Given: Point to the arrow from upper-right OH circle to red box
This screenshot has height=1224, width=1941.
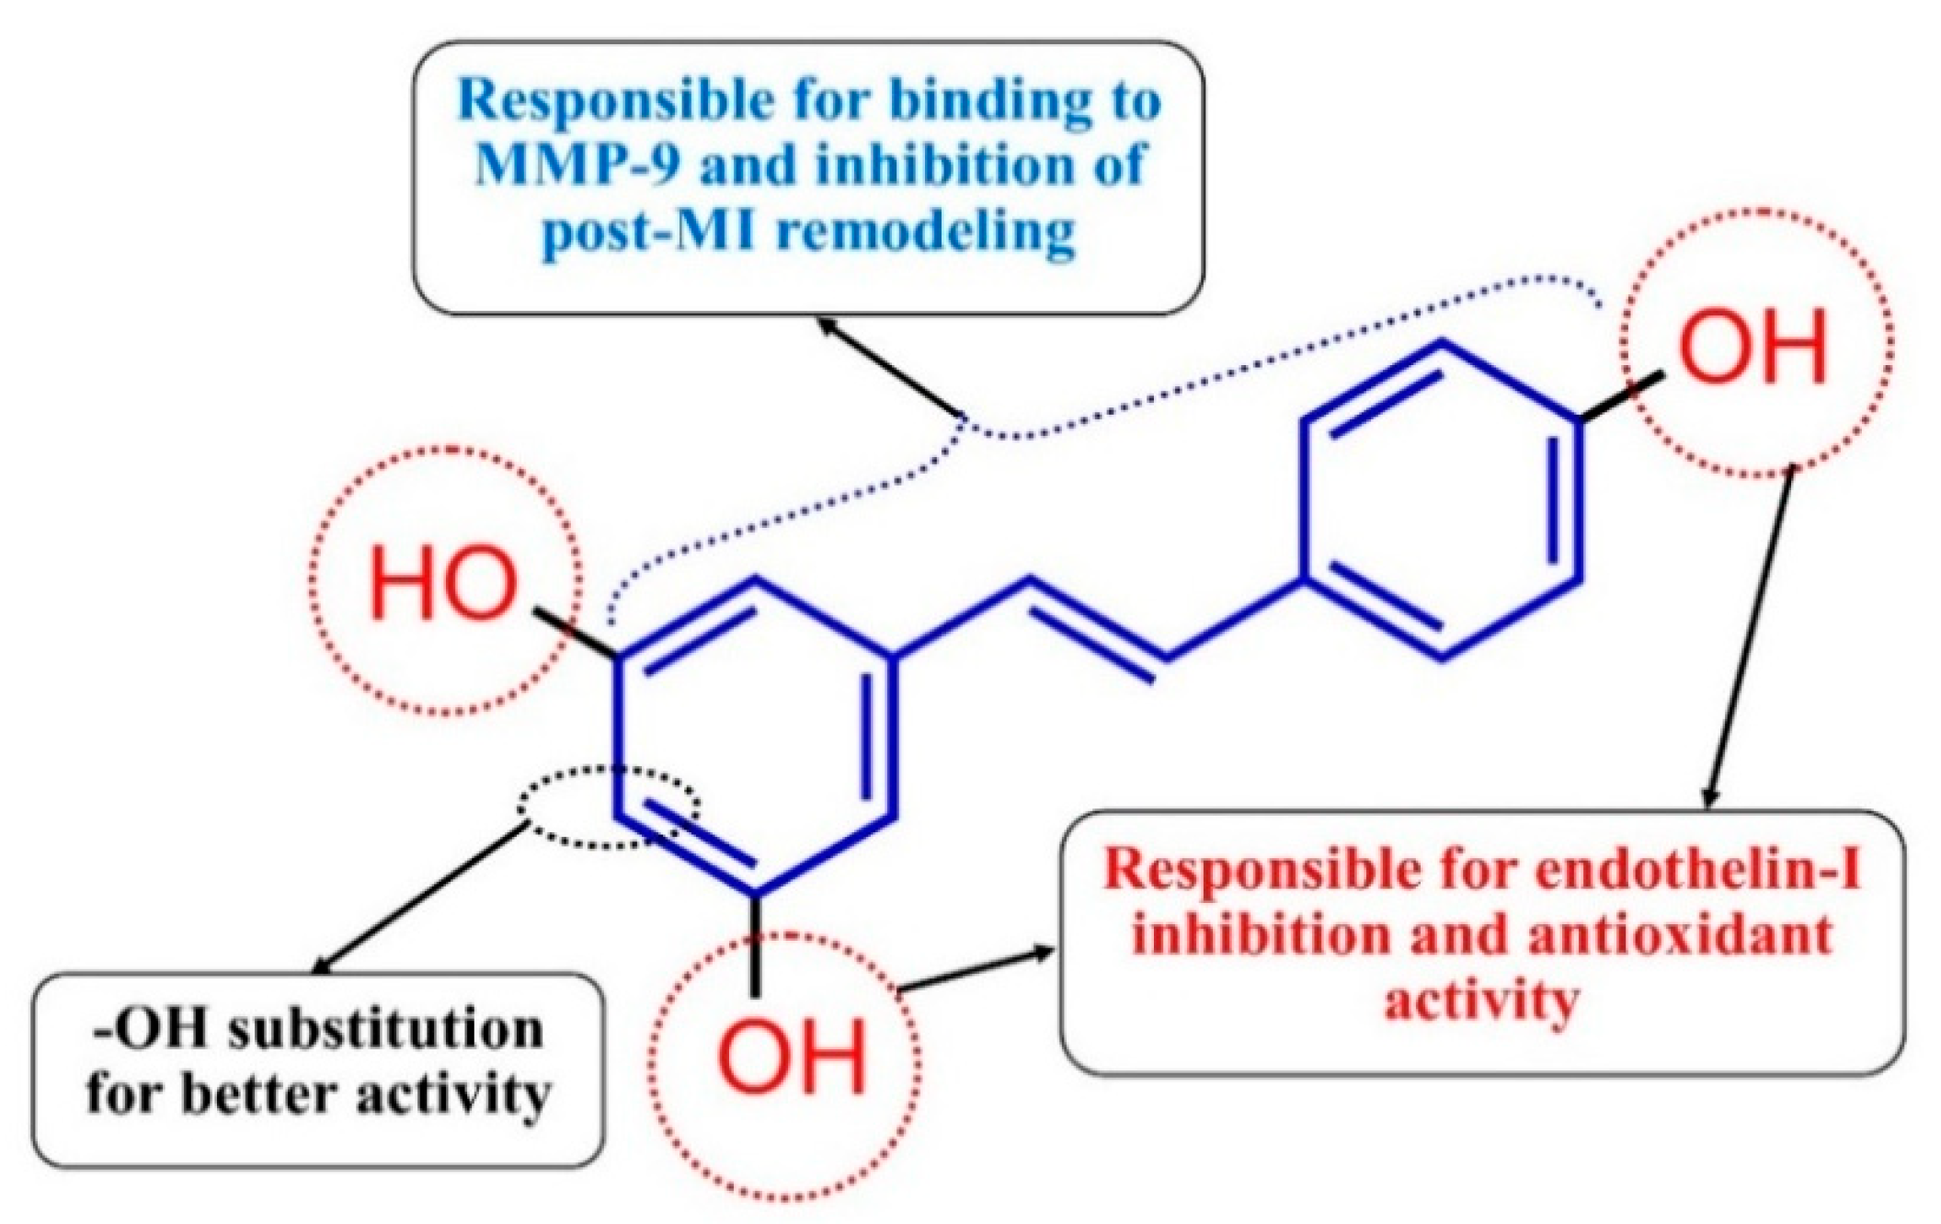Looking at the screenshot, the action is coord(1749,638).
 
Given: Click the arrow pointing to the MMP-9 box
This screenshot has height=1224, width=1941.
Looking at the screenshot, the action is coord(892,368).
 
